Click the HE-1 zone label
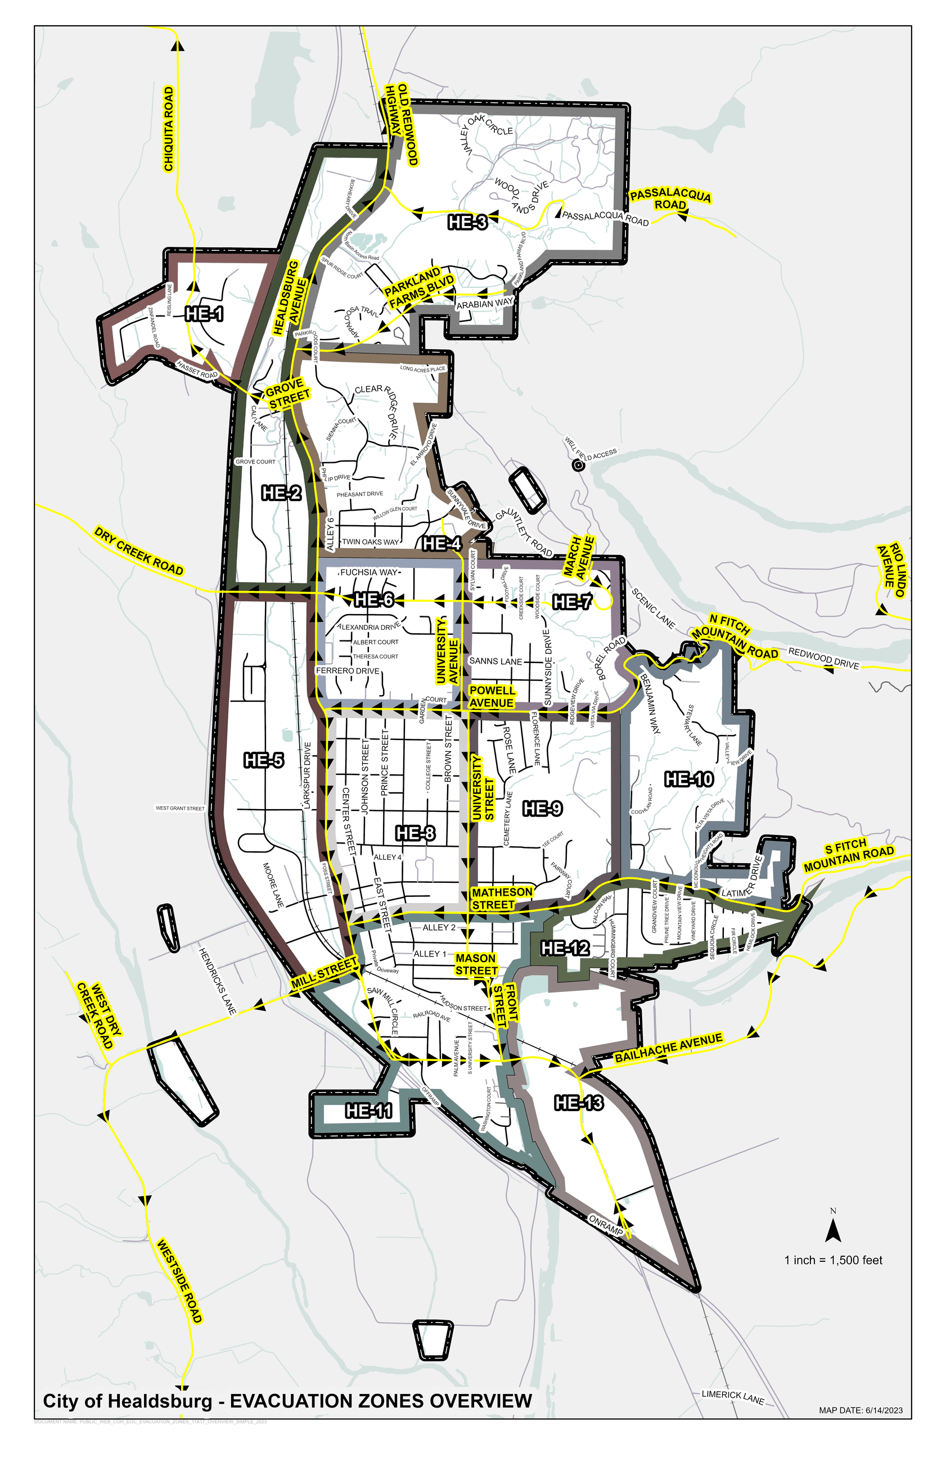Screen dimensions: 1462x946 click(205, 314)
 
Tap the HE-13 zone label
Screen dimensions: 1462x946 click(579, 1103)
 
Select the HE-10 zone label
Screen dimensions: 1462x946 click(689, 779)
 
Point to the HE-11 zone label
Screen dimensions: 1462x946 click(368, 1111)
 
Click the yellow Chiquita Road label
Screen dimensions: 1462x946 click(168, 129)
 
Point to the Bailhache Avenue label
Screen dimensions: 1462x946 click(668, 1048)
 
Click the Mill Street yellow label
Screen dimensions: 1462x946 click(324, 973)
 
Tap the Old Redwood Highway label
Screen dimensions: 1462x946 click(402, 125)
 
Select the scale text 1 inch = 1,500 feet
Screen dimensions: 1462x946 click(833, 1261)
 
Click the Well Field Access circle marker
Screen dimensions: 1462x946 click(578, 466)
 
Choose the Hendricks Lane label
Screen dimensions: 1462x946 click(218, 981)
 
